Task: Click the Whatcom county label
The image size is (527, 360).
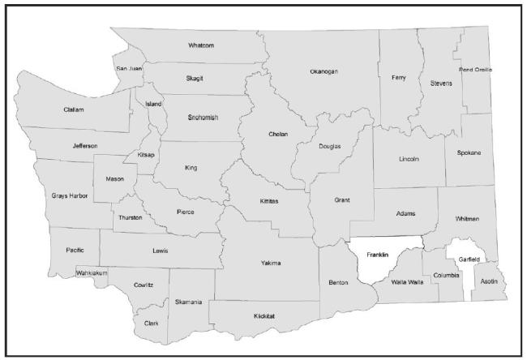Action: (x=200, y=45)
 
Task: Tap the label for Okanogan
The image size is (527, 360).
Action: (x=323, y=72)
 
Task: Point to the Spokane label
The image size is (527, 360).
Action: (x=468, y=152)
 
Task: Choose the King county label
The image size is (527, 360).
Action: (x=191, y=168)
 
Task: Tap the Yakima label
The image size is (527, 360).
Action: (x=270, y=263)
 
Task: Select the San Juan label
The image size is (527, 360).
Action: (x=129, y=69)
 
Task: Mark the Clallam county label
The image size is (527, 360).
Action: (x=74, y=109)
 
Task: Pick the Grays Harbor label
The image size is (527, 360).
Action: (x=70, y=195)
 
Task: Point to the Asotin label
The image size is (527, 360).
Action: (x=491, y=283)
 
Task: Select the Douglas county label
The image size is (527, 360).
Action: (x=330, y=147)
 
